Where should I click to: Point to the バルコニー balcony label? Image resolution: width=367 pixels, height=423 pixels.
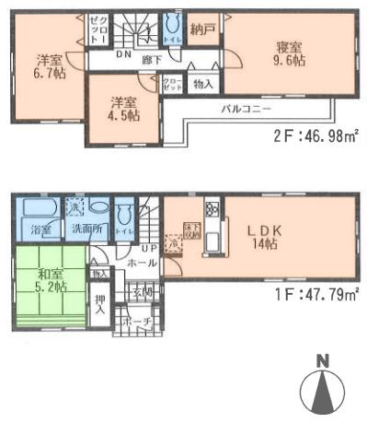coord(244,108)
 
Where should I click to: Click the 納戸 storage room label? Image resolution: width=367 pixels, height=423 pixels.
coord(204,29)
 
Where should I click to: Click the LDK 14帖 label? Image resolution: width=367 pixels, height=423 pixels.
coord(271,238)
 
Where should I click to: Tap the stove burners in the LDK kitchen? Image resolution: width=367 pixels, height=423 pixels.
coord(212,207)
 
